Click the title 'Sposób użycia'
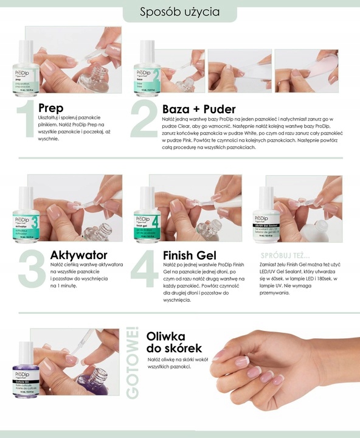(x=180, y=12)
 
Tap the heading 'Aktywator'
(x=80, y=254)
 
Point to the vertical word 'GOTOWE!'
(x=132, y=365)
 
